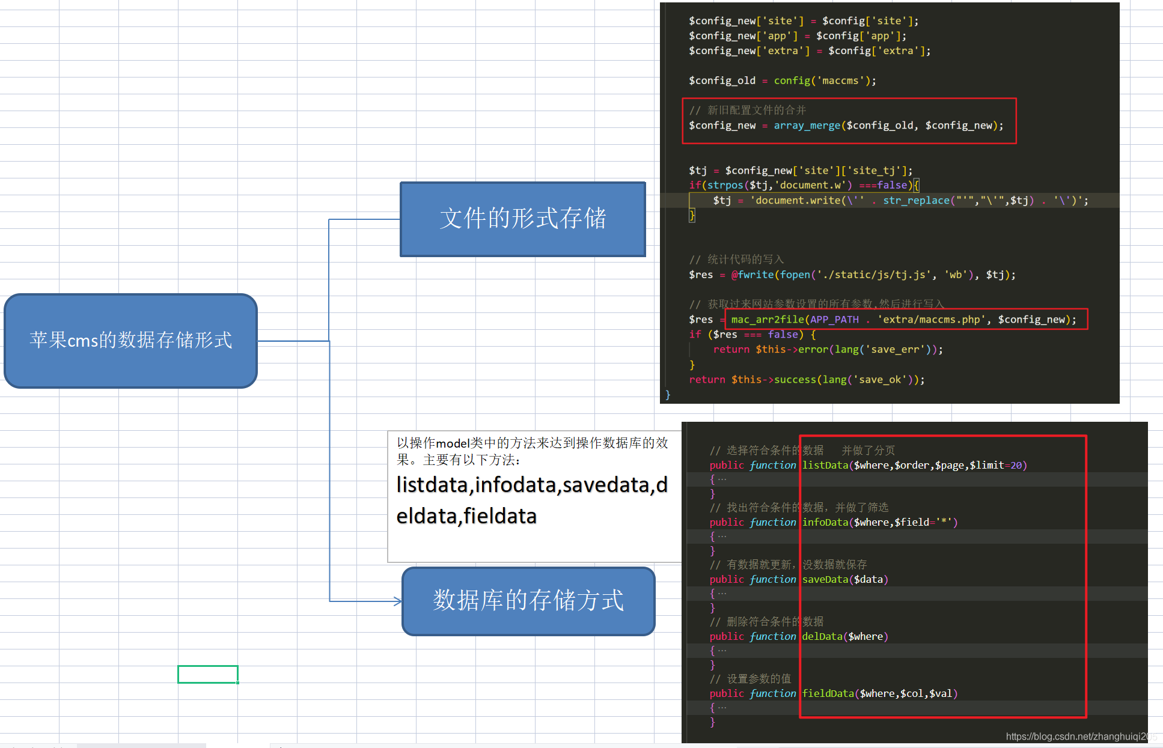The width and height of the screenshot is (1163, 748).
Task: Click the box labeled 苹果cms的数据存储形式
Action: pos(130,341)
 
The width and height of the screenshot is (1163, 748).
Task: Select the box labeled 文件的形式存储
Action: pos(523,219)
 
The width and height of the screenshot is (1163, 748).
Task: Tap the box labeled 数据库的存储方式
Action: pos(528,601)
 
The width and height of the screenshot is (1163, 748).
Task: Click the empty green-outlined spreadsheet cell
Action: pos(208,674)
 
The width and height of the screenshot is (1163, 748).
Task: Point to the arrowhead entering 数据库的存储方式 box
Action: pos(397,601)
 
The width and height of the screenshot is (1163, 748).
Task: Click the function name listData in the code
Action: pos(825,465)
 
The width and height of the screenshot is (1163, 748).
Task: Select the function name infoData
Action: pos(825,522)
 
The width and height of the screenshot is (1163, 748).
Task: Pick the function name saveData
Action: pos(825,579)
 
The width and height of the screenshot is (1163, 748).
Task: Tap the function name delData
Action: pos(822,636)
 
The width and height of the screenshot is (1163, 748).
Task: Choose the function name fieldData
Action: pos(828,693)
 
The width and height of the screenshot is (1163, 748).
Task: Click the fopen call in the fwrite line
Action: pos(795,275)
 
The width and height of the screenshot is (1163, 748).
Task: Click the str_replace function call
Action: pos(916,201)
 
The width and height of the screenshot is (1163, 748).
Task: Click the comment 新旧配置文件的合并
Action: pos(756,111)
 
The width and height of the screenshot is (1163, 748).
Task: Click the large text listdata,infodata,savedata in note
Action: pos(532,485)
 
